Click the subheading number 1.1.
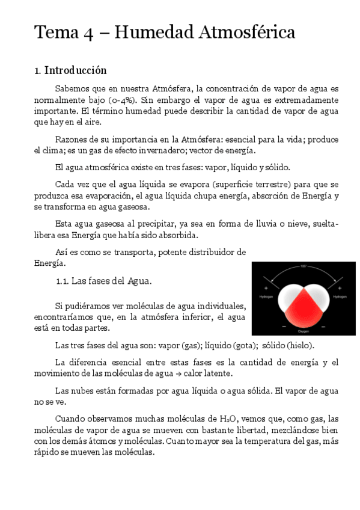(63, 281)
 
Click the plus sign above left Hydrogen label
(265, 289)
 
